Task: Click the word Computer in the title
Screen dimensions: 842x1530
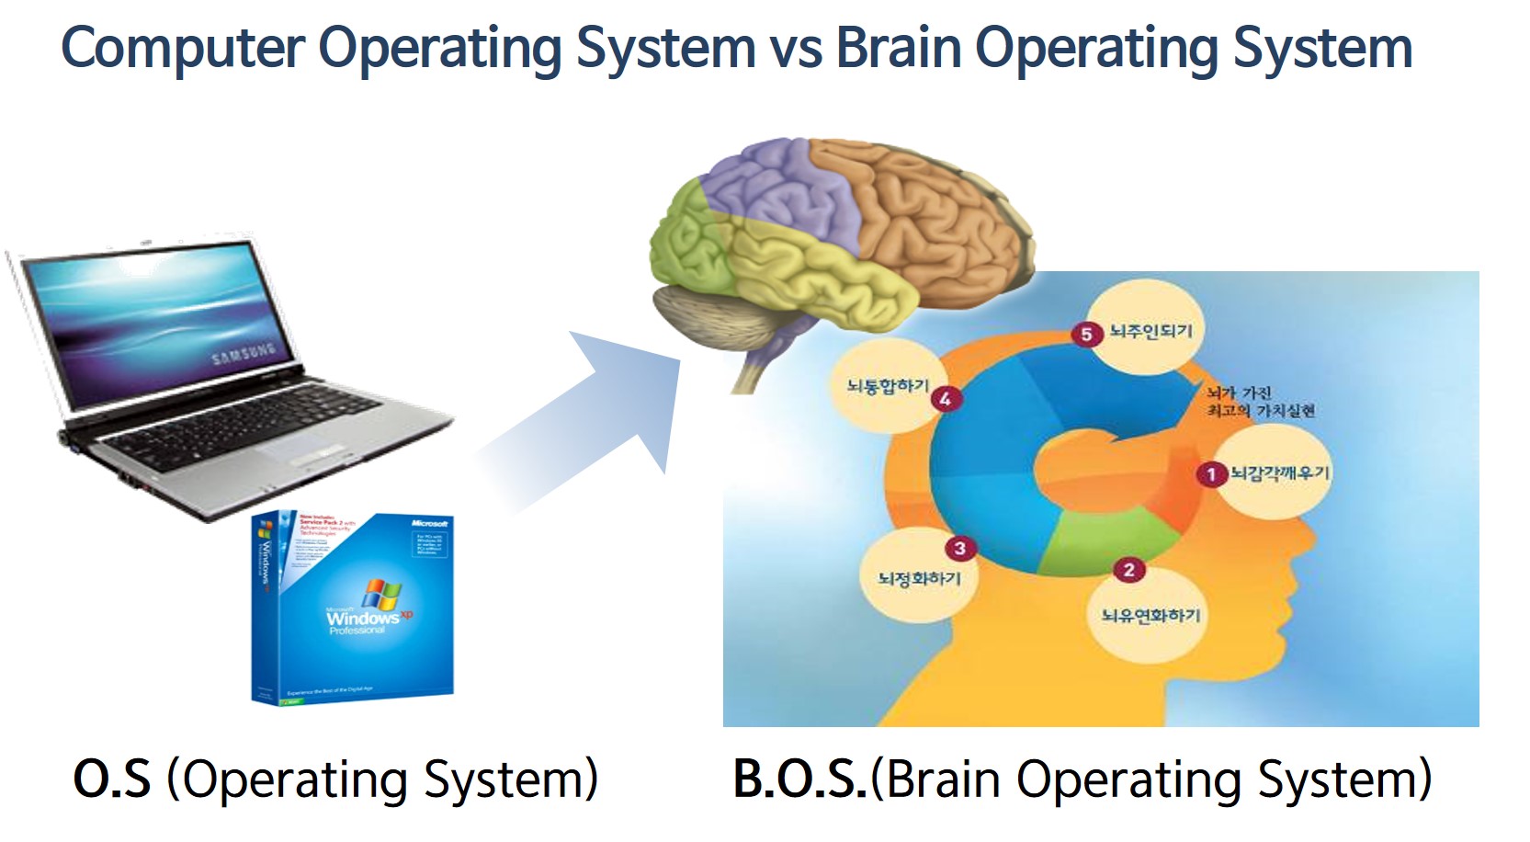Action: point(182,48)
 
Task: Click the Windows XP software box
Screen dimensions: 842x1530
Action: point(351,607)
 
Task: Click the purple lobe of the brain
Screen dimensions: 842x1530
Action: point(772,184)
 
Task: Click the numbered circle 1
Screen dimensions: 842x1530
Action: point(1211,474)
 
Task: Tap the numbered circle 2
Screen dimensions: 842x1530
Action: point(1128,570)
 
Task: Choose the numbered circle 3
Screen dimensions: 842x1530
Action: point(959,549)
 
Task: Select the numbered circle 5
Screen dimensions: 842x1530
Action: point(1086,334)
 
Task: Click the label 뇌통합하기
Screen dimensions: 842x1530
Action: point(888,387)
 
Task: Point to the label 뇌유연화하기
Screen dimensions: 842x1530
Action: point(1150,615)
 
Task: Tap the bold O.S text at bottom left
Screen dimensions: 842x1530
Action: point(111,779)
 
